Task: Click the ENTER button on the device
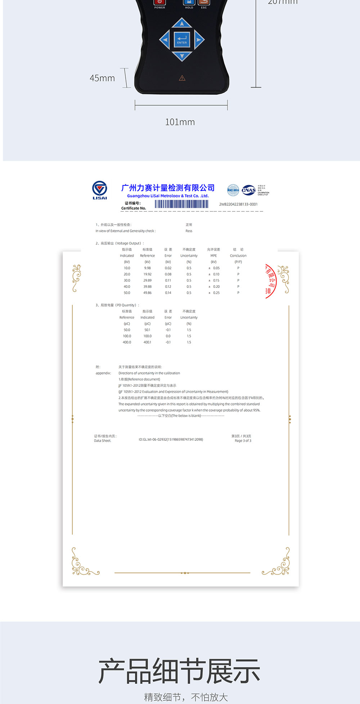pyautogui.click(x=182, y=40)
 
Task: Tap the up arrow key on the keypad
pyautogui.click(x=182, y=23)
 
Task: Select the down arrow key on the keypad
pyautogui.click(x=182, y=56)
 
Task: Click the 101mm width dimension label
pyautogui.click(x=180, y=122)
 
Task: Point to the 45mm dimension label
pyautogui.click(x=102, y=78)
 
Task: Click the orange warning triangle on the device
pyautogui.click(x=182, y=78)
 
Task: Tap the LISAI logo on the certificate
pyautogui.click(x=100, y=190)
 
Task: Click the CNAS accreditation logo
pyautogui.click(x=249, y=190)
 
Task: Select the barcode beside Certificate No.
pyautogui.click(x=181, y=204)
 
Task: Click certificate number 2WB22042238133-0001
pyautogui.click(x=238, y=204)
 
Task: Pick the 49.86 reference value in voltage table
pyautogui.click(x=147, y=293)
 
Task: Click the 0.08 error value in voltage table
pyautogui.click(x=168, y=274)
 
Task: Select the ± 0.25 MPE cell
pyautogui.click(x=214, y=293)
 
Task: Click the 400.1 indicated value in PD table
pyautogui.click(x=147, y=342)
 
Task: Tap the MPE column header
pyautogui.click(x=213, y=256)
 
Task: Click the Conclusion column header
pyautogui.click(x=238, y=256)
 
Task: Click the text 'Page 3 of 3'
pyautogui.click(x=243, y=440)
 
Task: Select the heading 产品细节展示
pyautogui.click(x=179, y=671)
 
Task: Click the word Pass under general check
pyautogui.click(x=189, y=231)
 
